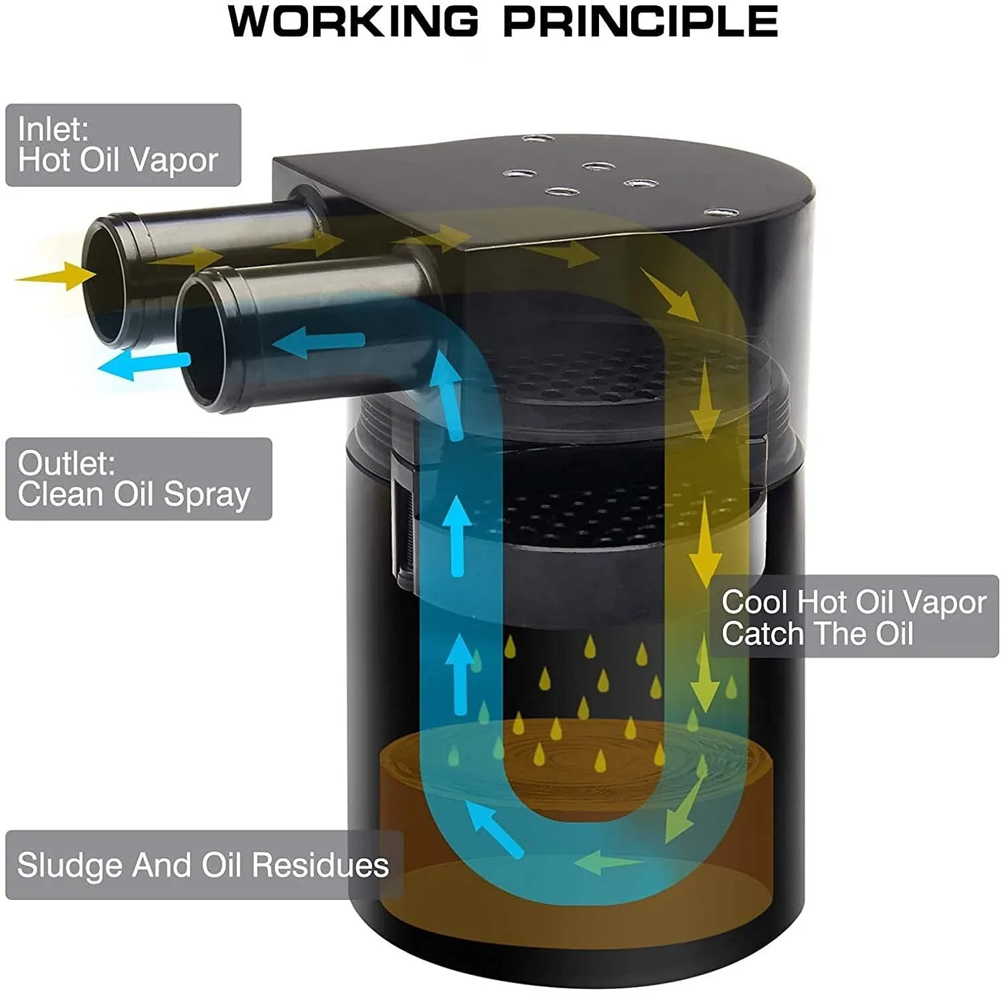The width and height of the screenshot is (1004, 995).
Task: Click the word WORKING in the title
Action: [x=353, y=21]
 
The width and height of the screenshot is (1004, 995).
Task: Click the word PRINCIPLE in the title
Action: [x=641, y=21]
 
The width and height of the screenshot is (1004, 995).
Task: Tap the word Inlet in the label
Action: [x=53, y=129]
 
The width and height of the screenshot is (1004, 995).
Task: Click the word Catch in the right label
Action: [x=762, y=633]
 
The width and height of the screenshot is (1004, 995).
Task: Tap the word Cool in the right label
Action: [x=755, y=602]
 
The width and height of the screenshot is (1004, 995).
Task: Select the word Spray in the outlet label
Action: [x=207, y=495]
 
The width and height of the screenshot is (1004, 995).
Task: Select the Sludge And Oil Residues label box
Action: [x=204, y=864]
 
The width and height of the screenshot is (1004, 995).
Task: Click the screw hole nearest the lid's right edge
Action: [x=721, y=212]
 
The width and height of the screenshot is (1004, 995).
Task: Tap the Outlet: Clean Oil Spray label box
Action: [x=139, y=479]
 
